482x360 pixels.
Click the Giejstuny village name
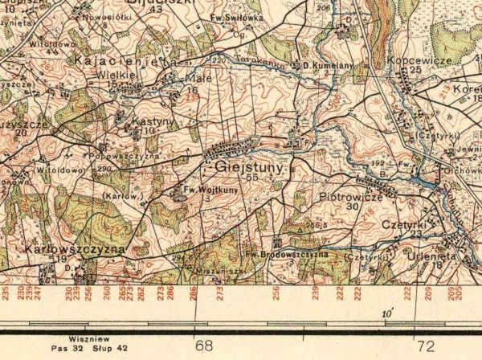tap(249, 167)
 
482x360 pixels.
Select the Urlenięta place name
tap(437, 255)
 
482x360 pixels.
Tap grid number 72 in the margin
tap(426, 346)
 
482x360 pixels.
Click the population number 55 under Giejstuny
tap(253, 178)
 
